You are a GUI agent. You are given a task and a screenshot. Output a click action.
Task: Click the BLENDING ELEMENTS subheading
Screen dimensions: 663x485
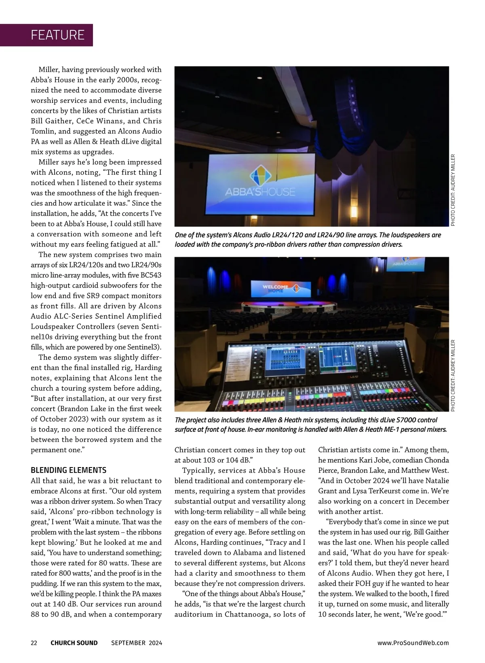click(x=69, y=470)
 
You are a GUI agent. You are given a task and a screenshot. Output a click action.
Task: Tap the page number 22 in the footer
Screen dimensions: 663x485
click(x=34, y=643)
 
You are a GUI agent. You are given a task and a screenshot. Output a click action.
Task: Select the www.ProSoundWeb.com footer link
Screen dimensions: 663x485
click(x=413, y=643)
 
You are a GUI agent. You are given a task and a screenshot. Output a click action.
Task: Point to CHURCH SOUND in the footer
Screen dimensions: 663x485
click(x=74, y=643)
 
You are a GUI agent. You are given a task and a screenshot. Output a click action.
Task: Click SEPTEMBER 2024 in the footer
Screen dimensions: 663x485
click(x=137, y=643)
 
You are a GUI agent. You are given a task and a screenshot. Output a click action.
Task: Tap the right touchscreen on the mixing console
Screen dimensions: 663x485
click(x=338, y=359)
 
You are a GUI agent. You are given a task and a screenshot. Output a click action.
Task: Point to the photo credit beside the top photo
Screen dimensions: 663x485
click(x=453, y=190)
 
